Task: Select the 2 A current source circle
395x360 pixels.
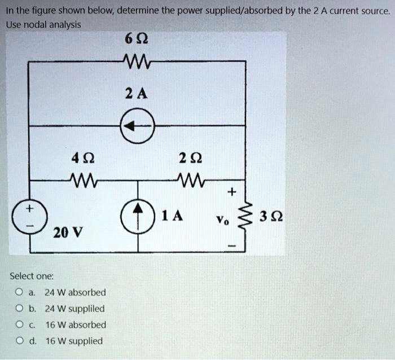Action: coord(137,128)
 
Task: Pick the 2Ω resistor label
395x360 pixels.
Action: coord(194,159)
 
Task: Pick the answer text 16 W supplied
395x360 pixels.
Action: coord(74,341)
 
